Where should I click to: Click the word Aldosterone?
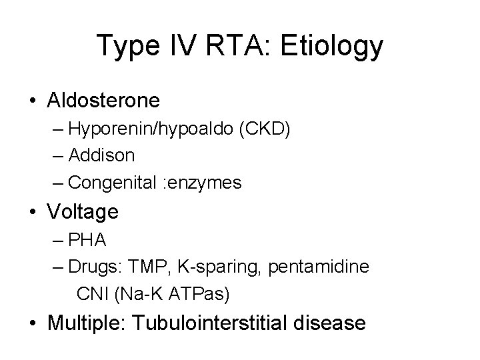(103, 101)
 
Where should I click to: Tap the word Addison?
(101, 155)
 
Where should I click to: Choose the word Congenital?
(112, 181)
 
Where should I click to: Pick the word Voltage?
(83, 212)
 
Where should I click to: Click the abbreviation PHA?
(84, 240)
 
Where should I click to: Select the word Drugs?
(93, 266)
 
